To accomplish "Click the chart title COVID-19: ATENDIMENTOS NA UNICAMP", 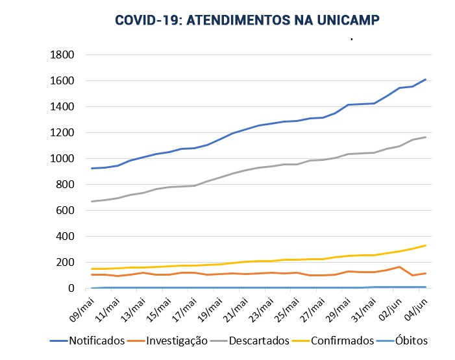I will pos(247,20).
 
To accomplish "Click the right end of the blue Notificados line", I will pos(425,79).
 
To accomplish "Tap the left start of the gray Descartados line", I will pos(92,201).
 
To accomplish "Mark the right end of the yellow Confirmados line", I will pos(425,245).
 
